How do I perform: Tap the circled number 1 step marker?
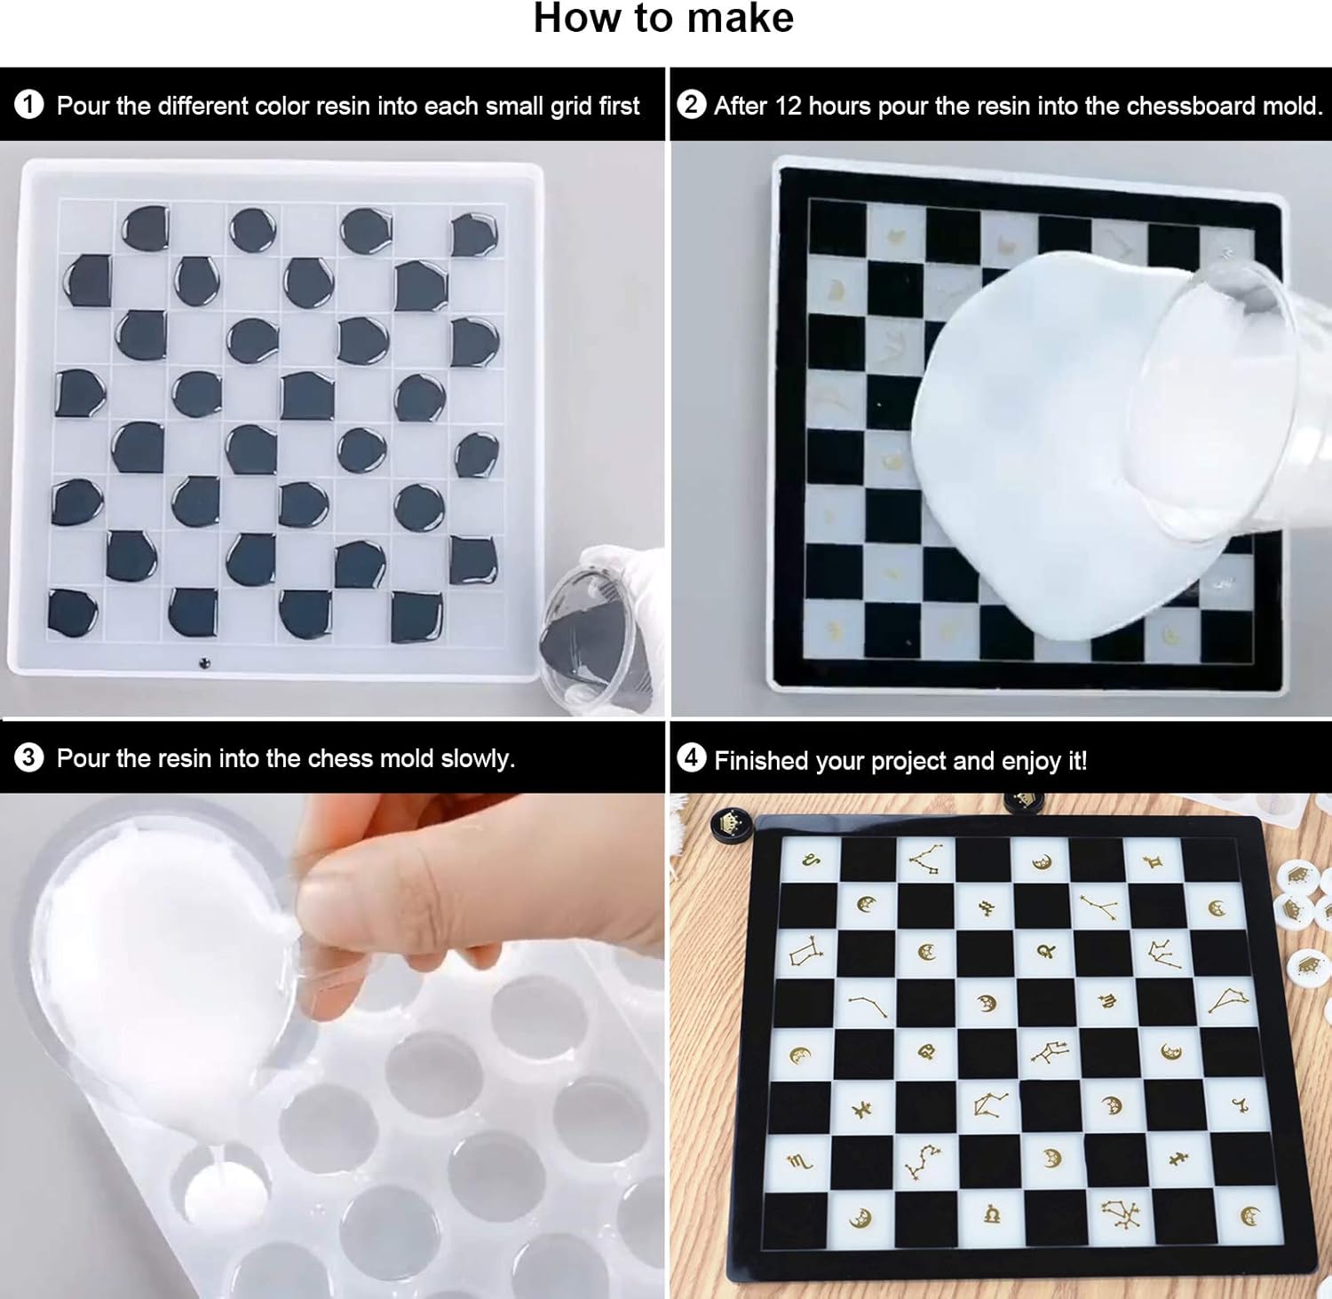click(x=28, y=105)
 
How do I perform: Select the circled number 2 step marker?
click(x=691, y=104)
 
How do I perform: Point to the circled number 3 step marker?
click(x=28, y=757)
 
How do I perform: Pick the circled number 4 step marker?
click(x=691, y=758)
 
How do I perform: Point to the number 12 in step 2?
click(x=788, y=106)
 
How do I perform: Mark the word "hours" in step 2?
click(x=839, y=106)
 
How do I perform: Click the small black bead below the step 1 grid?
click(x=206, y=662)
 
